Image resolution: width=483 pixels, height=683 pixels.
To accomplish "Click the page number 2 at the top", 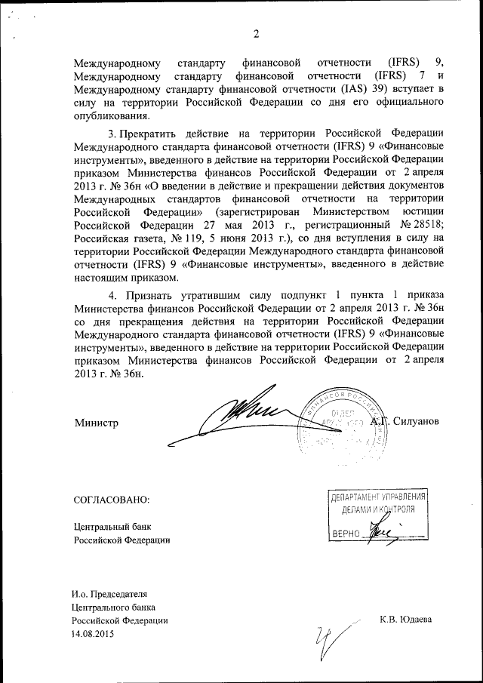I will pos(256,34).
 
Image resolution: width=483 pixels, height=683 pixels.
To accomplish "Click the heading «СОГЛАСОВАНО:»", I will pos(112,500).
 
